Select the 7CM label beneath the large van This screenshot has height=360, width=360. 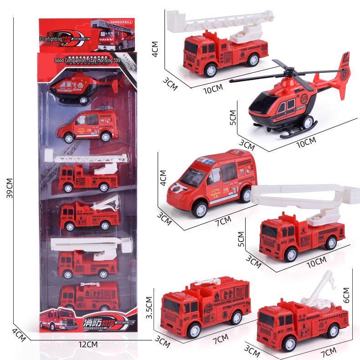tap(223, 222)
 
